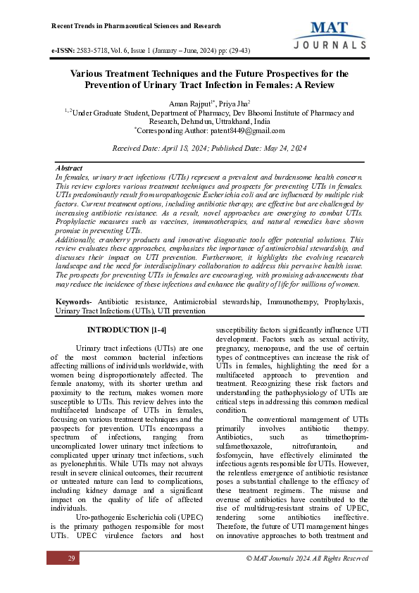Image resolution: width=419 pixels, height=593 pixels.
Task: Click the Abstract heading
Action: coord(69,169)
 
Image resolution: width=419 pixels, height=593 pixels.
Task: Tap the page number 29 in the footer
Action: coord(71,558)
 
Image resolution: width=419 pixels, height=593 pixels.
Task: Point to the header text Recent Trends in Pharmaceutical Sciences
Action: coord(137,26)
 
